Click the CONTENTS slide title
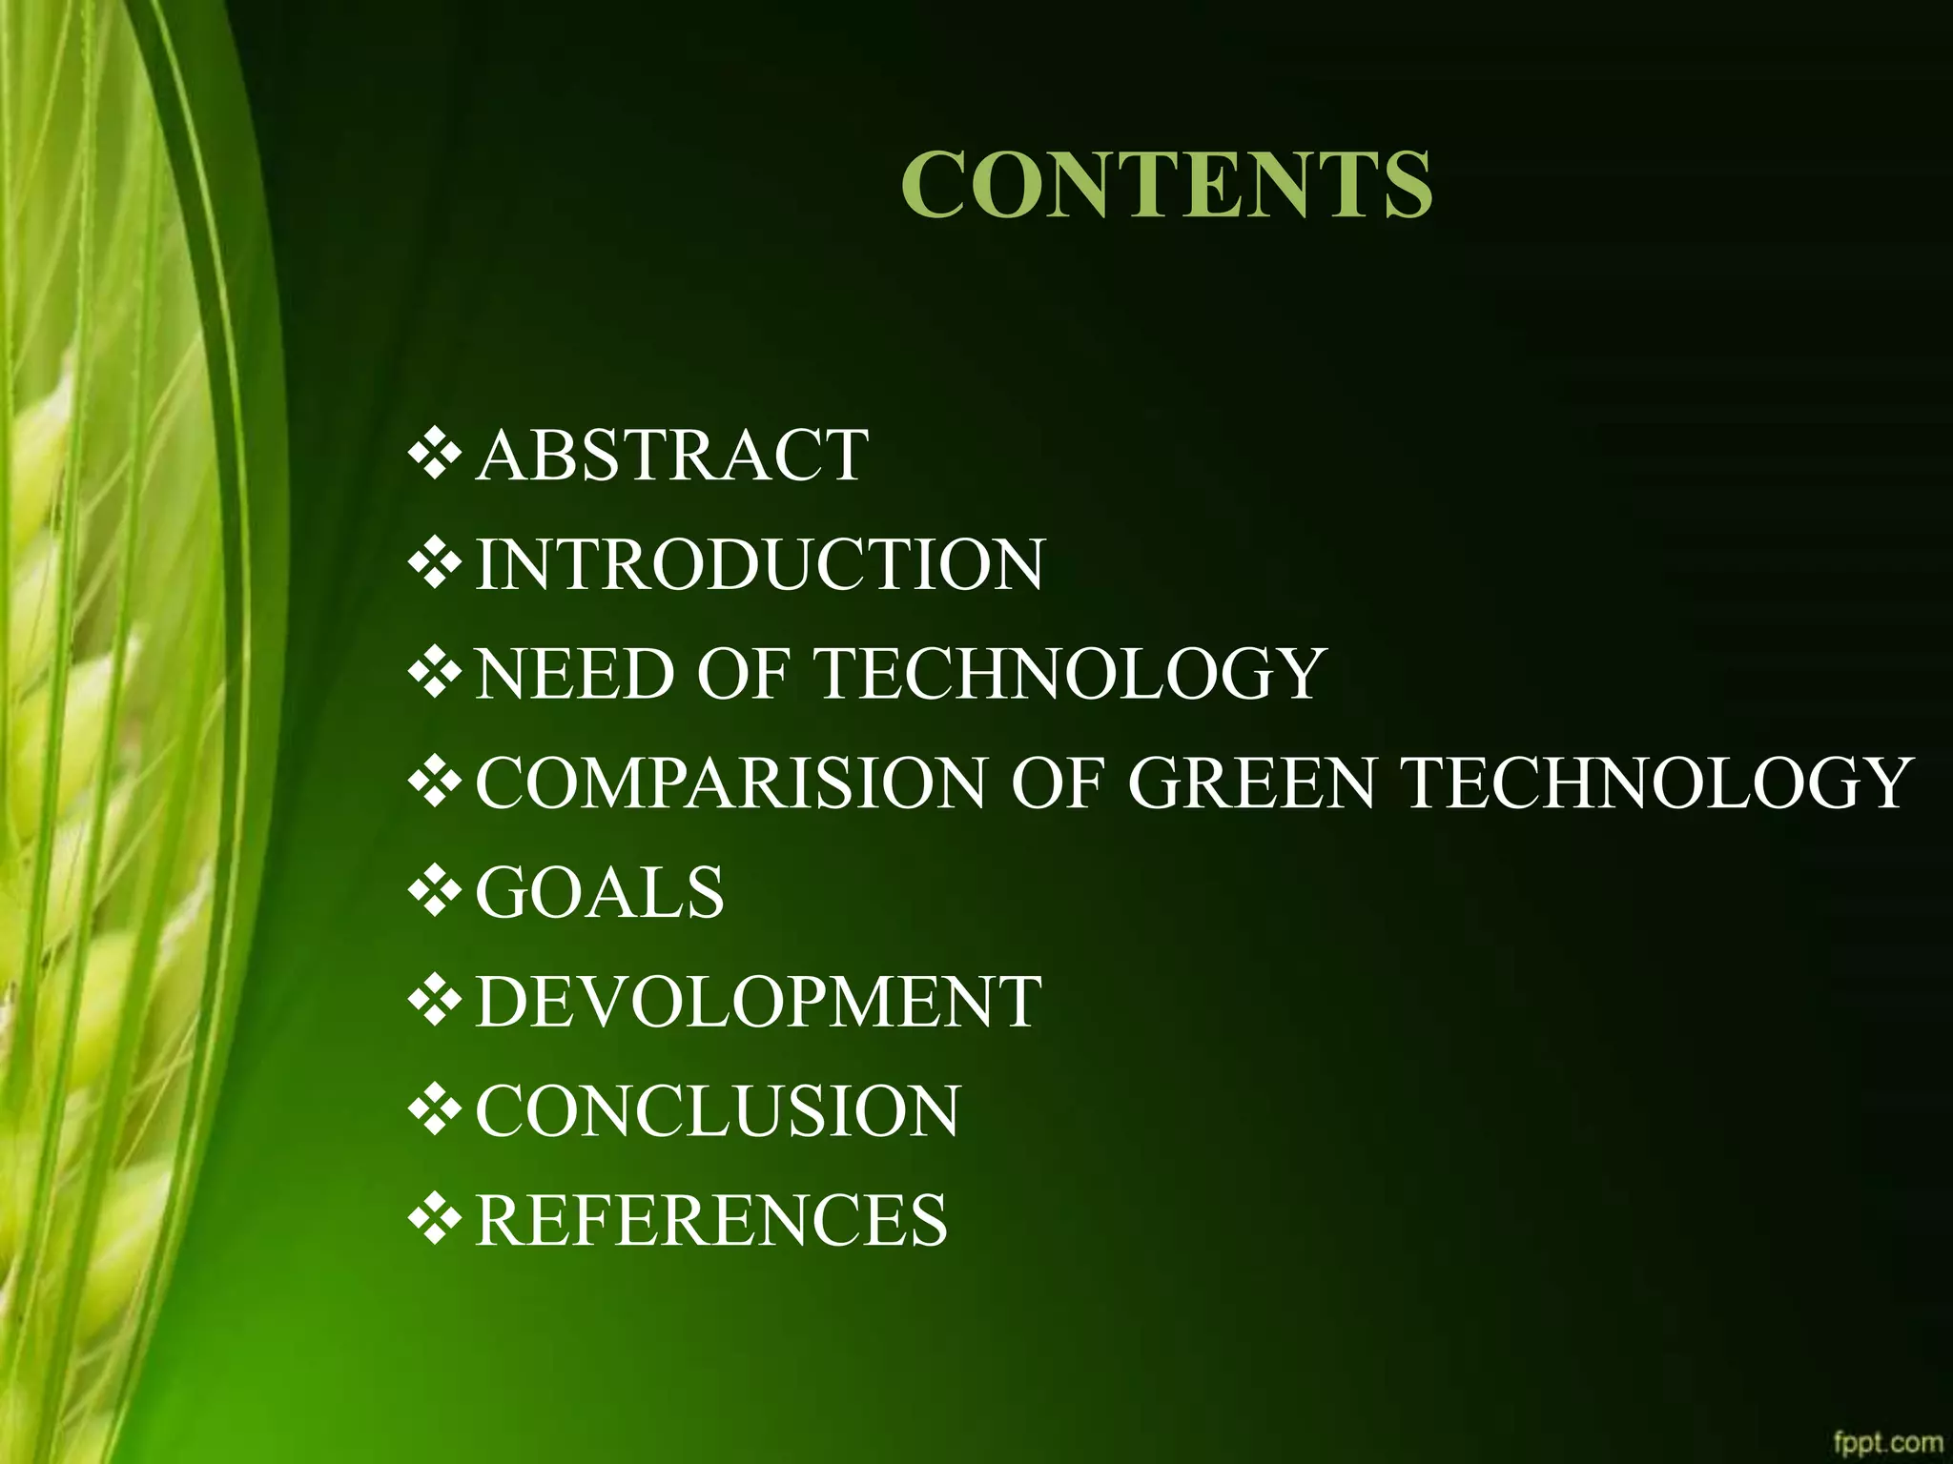coord(1166,184)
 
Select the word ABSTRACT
coord(671,455)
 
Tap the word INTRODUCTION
coord(760,564)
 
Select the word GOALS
coord(600,893)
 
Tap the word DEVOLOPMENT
coord(758,1002)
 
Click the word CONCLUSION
coord(718,1111)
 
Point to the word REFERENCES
coord(711,1220)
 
